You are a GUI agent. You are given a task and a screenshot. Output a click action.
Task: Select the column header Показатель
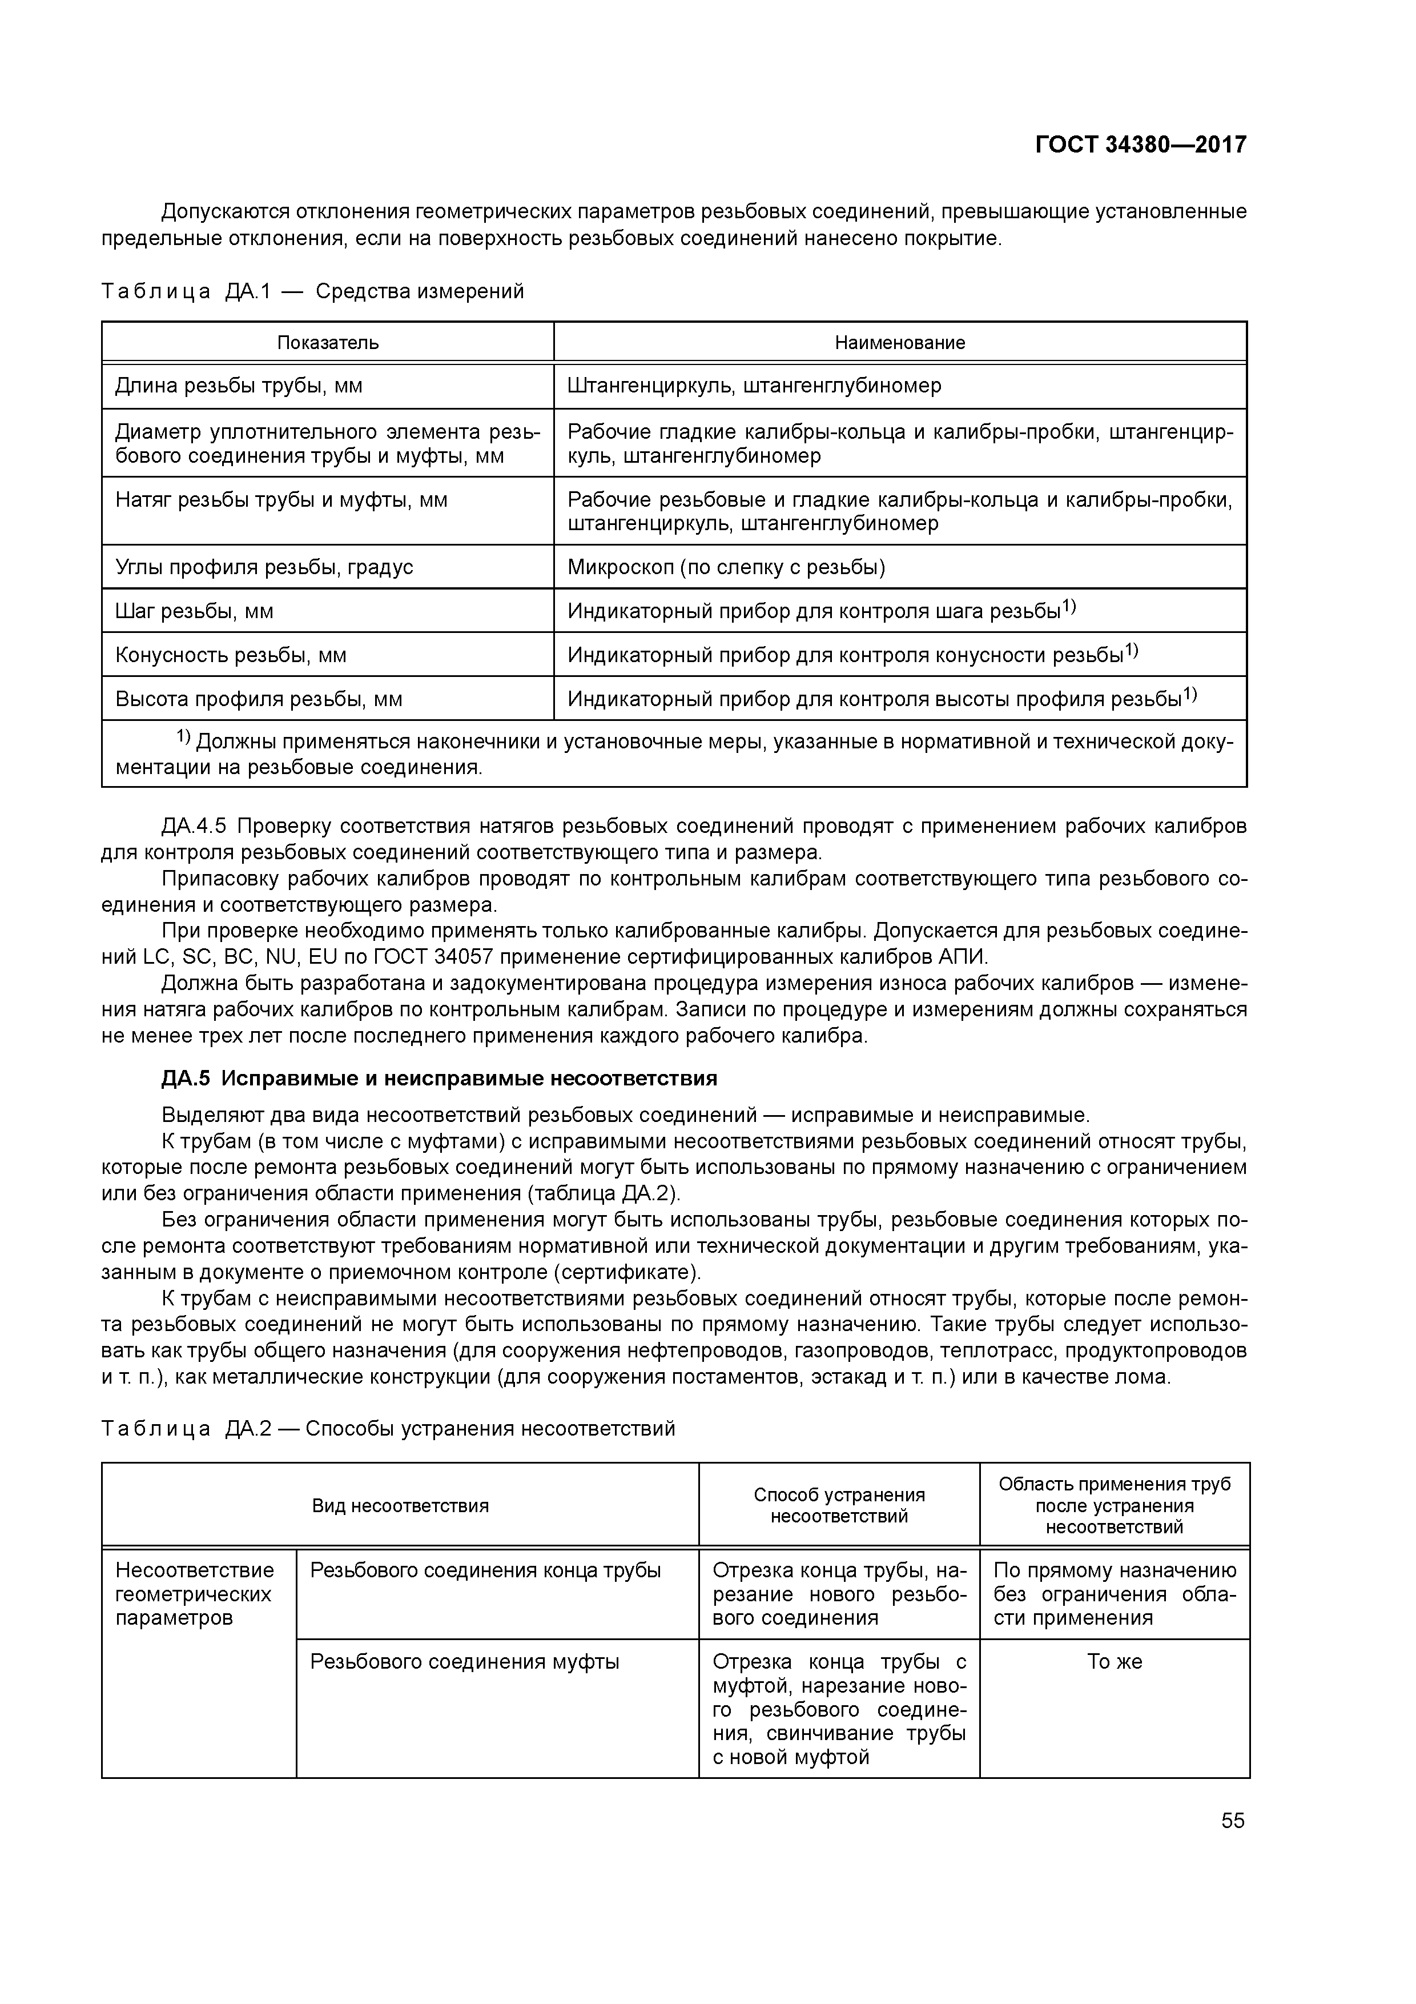pos(328,342)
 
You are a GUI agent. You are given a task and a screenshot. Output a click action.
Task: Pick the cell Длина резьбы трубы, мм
pos(239,386)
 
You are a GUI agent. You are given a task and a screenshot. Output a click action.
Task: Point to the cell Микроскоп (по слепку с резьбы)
pos(726,567)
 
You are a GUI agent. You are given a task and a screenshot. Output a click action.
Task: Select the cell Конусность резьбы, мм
pos(231,655)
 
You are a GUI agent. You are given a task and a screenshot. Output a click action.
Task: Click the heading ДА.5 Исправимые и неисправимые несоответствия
pos(439,1079)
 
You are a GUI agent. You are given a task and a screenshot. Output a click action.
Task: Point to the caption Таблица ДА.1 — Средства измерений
pos(312,291)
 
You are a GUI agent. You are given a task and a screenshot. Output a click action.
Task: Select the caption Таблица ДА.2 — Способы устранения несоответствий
pos(388,1429)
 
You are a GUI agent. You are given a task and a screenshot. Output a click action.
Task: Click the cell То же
pos(1114,1662)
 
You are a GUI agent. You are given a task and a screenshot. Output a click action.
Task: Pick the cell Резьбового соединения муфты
pos(465,1662)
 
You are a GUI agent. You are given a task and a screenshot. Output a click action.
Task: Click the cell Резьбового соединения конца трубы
pos(486,1571)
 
